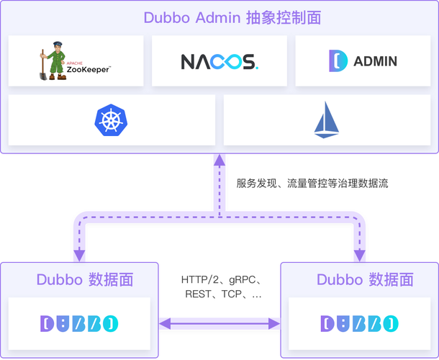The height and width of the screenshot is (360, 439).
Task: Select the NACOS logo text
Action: click(x=219, y=61)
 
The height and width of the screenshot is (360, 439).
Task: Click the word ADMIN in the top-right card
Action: click(x=375, y=61)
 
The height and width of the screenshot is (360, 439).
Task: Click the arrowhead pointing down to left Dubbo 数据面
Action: click(x=78, y=255)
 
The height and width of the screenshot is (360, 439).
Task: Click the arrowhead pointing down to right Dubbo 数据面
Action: click(x=359, y=255)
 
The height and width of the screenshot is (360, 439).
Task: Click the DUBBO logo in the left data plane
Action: click(x=80, y=322)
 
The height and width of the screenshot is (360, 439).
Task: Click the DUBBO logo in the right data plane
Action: click(x=358, y=322)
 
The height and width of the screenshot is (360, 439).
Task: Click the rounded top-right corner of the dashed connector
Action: click(x=356, y=218)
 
